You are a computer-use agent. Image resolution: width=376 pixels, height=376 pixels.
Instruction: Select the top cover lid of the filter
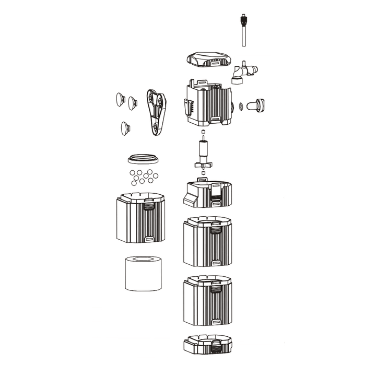coord(208,62)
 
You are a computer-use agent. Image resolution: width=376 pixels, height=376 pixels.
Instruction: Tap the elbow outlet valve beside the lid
coord(242,73)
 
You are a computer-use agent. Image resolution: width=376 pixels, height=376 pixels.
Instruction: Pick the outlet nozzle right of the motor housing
coord(256,104)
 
